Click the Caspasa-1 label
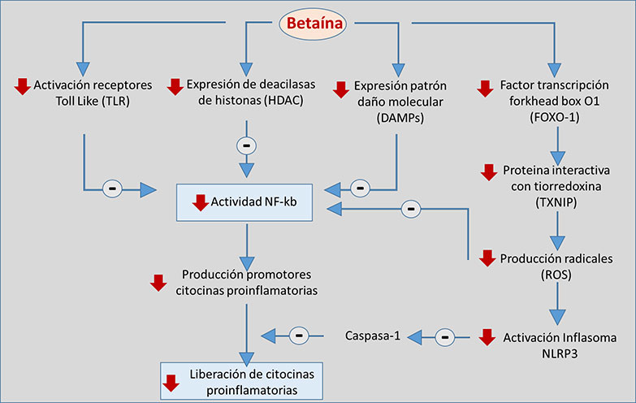[373, 334]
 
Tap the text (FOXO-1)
[556, 118]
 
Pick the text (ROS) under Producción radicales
[556, 275]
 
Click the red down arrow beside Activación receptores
[22, 85]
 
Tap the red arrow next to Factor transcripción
[485, 86]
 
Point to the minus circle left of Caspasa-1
[300, 334]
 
